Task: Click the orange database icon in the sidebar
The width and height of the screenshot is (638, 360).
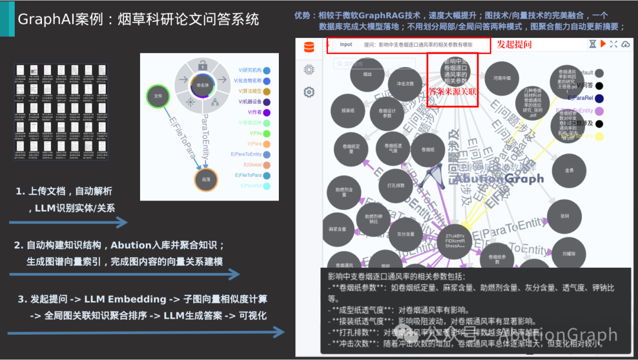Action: [308, 48]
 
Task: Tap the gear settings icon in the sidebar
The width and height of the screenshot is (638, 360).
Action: [308, 92]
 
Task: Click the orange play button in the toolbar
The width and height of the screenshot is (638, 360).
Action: [603, 44]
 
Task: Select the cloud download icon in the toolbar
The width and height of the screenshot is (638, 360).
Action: [625, 44]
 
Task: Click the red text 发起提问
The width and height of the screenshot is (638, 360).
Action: [514, 44]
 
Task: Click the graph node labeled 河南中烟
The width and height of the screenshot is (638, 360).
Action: [502, 77]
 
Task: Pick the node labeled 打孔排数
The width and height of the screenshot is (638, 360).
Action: [395, 186]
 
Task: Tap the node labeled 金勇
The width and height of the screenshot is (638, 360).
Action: [568, 170]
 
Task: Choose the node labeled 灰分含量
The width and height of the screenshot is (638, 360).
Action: [405, 233]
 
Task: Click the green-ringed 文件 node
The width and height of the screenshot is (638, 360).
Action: [158, 95]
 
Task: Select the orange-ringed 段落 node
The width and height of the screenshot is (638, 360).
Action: [206, 180]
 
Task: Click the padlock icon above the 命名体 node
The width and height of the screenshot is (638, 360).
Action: [203, 66]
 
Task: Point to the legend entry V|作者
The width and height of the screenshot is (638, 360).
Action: [255, 112]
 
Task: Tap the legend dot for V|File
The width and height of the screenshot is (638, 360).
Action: [267, 134]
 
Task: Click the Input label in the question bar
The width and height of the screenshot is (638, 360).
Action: [346, 44]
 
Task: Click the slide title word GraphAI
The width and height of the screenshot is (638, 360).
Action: [44, 19]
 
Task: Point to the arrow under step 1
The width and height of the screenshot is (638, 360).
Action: [68, 222]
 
